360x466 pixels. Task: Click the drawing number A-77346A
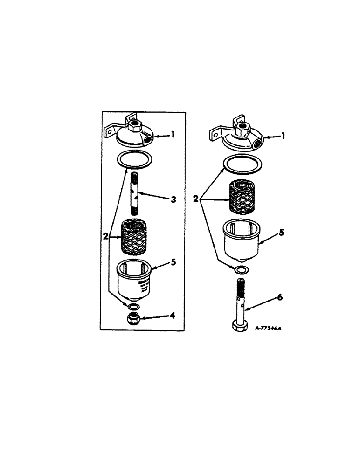(x=268, y=328)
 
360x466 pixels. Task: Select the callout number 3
(x=173, y=200)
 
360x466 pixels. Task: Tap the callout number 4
(x=172, y=316)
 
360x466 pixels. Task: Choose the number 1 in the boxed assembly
(x=173, y=135)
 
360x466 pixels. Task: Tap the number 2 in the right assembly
(x=196, y=199)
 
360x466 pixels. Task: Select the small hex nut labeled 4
(x=134, y=319)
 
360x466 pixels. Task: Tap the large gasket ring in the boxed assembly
(x=134, y=160)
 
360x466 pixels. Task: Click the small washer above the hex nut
(x=133, y=307)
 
